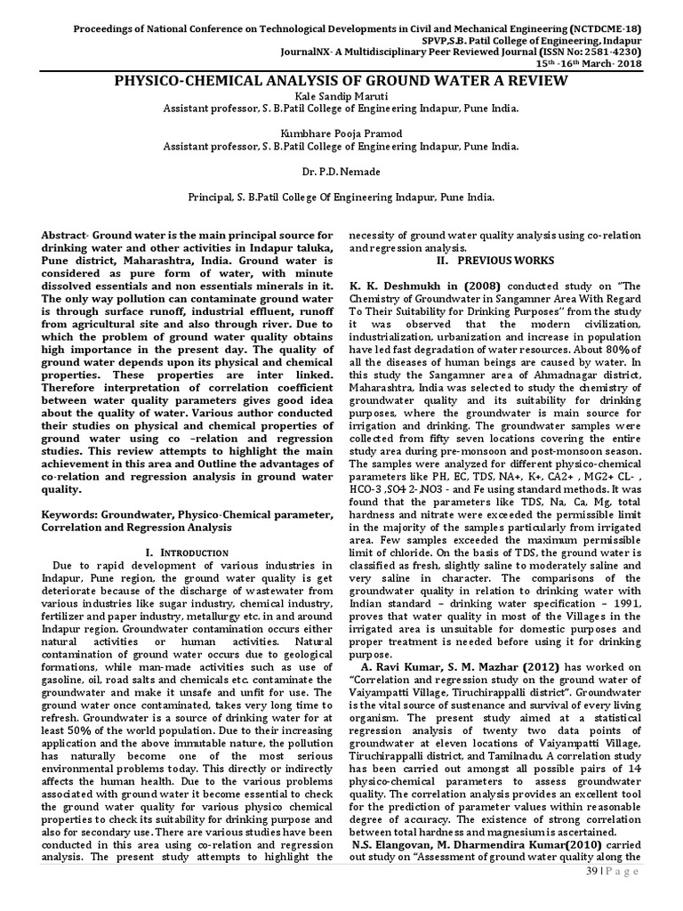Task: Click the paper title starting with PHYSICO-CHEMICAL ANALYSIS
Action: [341, 82]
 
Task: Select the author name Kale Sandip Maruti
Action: [341, 96]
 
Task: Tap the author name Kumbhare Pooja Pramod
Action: [341, 133]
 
